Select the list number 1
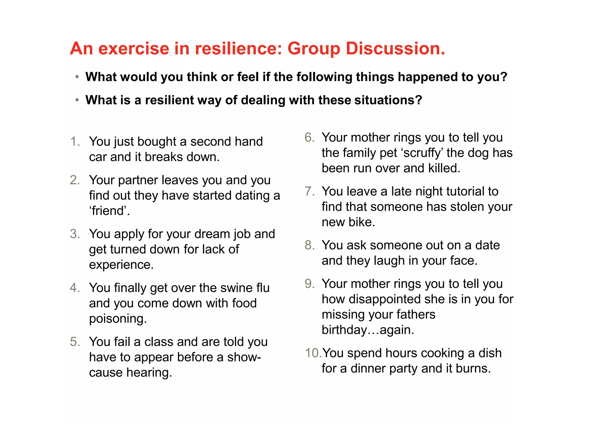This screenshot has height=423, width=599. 75,141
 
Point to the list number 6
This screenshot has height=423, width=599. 309,137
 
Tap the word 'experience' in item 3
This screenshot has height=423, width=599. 121,265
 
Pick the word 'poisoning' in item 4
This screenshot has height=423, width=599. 117,319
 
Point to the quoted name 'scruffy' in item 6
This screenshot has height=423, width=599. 422,153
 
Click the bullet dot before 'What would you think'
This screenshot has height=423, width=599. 77,77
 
